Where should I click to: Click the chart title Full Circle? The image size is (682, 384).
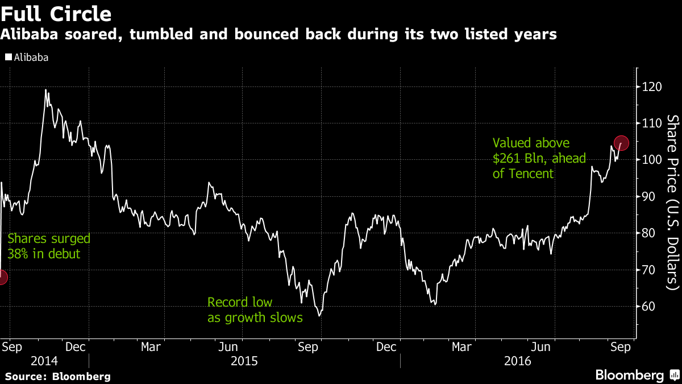coord(56,13)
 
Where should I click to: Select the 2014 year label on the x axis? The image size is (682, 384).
coord(44,361)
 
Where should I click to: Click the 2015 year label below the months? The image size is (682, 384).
coord(244,361)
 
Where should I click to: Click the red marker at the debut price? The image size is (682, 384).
coord(2,278)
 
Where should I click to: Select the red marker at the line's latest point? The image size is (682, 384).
coord(621,143)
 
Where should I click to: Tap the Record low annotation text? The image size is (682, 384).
coord(240,303)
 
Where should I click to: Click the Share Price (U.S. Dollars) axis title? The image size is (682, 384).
coord(673,202)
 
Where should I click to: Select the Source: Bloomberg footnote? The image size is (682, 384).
coord(58,377)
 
